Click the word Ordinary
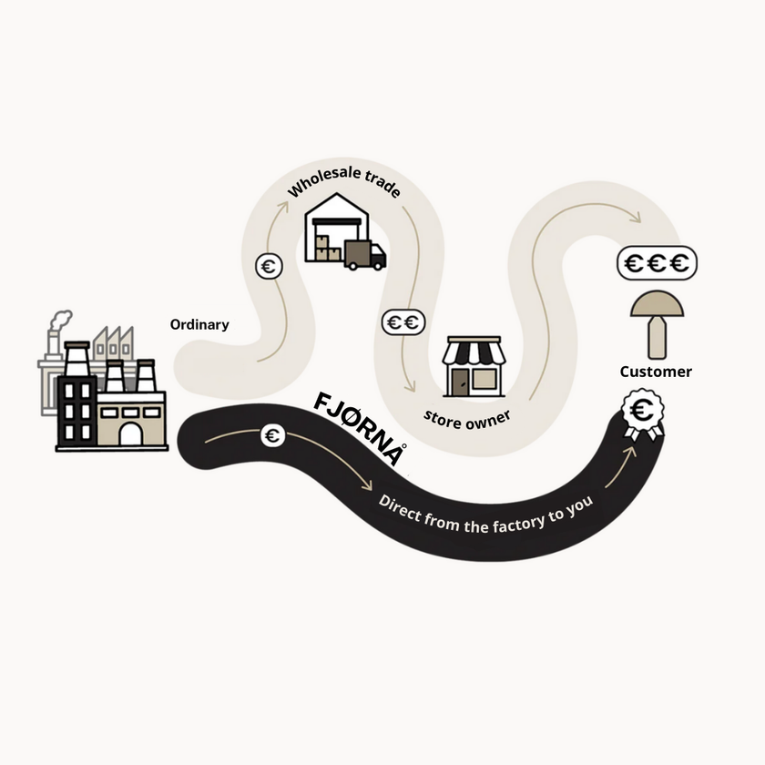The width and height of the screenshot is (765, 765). click(199, 325)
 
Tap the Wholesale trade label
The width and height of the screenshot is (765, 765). click(344, 180)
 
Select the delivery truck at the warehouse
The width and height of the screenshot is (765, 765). click(365, 255)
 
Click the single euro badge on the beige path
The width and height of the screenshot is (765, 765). click(269, 266)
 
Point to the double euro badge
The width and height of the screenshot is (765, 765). click(403, 322)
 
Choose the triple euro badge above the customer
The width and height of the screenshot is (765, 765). click(657, 263)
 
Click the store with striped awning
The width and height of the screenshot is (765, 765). click(474, 366)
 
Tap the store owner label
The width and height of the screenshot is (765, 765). click(467, 420)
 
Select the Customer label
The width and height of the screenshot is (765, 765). click(656, 372)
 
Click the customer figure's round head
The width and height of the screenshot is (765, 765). click(657, 304)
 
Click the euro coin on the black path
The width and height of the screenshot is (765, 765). click(272, 435)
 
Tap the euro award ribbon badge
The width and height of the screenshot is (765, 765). click(643, 414)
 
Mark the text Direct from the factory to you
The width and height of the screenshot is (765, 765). click(486, 515)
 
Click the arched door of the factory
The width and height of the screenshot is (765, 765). click(131, 433)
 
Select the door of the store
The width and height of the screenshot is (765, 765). click(459, 382)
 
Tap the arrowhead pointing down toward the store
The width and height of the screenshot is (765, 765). click(411, 387)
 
